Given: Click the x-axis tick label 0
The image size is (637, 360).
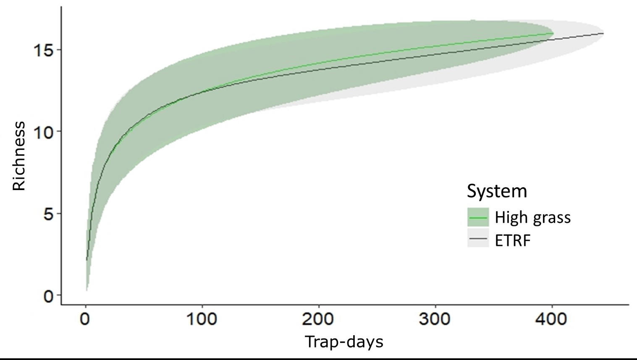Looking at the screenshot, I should (x=85, y=320).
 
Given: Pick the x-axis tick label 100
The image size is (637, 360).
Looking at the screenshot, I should (x=202, y=320).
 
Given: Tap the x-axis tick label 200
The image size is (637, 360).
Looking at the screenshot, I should (x=318, y=320).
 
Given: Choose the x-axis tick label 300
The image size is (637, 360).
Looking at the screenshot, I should (x=435, y=320).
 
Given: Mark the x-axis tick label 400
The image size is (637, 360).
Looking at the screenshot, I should (x=551, y=320).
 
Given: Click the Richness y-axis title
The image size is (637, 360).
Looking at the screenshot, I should (x=19, y=156).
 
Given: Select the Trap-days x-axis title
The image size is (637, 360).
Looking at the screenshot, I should (x=344, y=342).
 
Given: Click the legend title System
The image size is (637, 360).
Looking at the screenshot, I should (x=497, y=191).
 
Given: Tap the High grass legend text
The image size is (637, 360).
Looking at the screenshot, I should (x=532, y=217).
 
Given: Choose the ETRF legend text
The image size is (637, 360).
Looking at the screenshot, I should (x=513, y=241).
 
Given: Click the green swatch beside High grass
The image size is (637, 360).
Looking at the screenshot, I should (x=478, y=217).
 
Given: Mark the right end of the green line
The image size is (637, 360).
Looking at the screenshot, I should (x=553, y=33).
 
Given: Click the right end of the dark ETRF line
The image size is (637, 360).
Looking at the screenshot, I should (x=603, y=33).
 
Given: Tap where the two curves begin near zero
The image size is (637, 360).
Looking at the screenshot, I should (x=87, y=260).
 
